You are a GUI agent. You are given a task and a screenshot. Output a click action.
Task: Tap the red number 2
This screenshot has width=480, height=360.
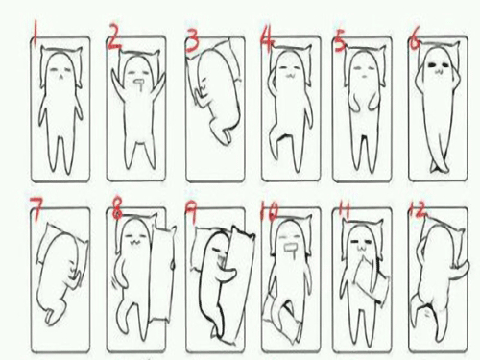114,36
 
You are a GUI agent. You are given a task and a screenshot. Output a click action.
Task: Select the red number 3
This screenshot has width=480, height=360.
192,38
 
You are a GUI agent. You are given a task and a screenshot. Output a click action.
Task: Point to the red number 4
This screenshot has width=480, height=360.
267,37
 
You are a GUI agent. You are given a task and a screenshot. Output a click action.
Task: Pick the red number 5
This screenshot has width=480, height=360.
340,39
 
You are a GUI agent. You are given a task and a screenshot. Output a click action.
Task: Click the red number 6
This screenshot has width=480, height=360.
415,39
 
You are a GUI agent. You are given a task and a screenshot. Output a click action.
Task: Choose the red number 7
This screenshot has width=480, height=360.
36,208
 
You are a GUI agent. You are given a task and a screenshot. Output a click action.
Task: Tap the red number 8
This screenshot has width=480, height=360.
118,208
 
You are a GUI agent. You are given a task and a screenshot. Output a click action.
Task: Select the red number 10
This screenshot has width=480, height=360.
270,211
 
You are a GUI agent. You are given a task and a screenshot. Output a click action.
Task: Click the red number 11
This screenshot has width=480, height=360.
344,210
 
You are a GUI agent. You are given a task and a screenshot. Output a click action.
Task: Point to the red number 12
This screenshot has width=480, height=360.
418,209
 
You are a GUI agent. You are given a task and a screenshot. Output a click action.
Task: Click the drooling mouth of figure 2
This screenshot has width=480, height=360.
139,84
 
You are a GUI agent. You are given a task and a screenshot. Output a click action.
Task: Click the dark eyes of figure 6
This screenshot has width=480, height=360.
438,64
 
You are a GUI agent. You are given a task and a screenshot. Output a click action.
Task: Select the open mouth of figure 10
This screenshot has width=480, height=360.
291,248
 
